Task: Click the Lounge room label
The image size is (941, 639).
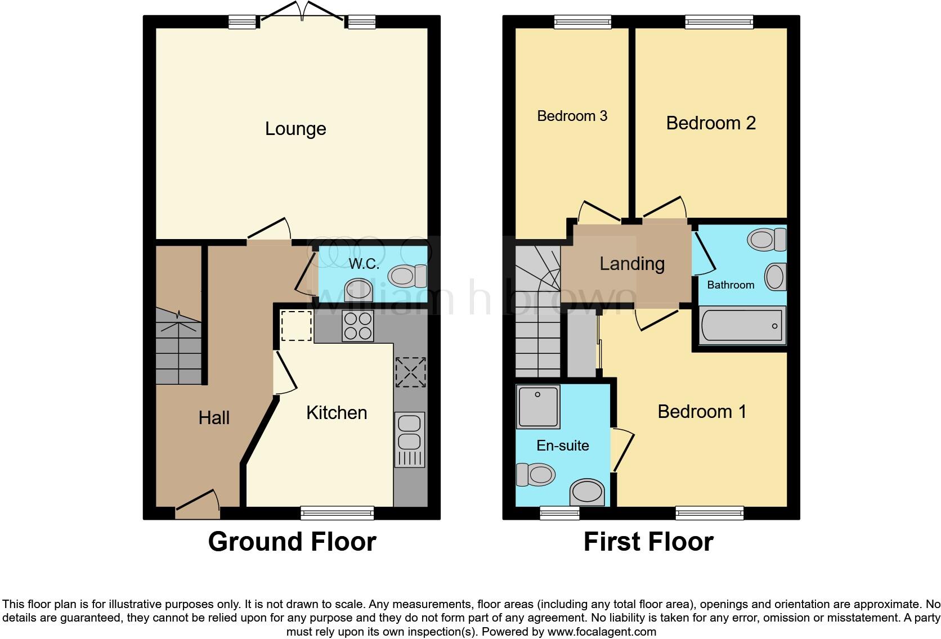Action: (x=295, y=129)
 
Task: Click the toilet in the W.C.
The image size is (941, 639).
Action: (x=407, y=276)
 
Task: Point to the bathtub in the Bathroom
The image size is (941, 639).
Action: (x=742, y=326)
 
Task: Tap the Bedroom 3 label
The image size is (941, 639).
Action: (x=572, y=116)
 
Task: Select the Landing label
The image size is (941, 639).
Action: (x=631, y=263)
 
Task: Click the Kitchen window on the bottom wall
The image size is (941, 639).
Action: (x=337, y=512)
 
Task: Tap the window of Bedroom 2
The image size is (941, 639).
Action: (x=719, y=22)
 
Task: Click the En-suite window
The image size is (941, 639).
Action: (x=559, y=512)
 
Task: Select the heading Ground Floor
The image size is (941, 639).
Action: (x=292, y=542)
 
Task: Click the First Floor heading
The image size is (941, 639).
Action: (x=648, y=542)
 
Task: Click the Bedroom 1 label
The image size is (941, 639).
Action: (x=701, y=412)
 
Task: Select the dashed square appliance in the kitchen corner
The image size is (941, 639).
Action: (x=297, y=326)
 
